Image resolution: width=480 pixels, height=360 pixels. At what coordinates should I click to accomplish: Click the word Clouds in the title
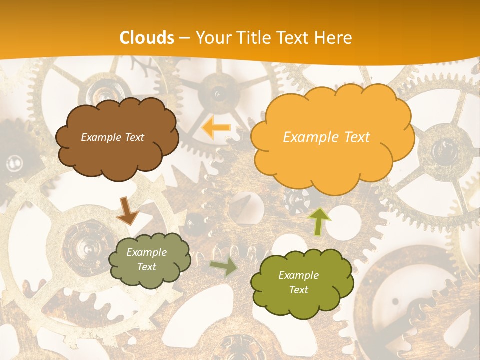[x=147, y=38]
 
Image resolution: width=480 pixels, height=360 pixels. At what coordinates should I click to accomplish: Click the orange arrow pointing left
[x=217, y=128]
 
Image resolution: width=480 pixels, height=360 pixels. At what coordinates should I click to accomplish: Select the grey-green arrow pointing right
[x=224, y=267]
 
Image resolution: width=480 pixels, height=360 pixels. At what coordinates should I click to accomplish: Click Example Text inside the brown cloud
[x=112, y=137]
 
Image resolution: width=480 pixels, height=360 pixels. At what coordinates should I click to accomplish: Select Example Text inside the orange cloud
[x=326, y=137]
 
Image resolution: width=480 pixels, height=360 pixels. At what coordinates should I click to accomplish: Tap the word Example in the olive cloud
[x=298, y=275]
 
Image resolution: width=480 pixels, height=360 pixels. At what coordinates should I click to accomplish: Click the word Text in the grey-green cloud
[x=146, y=267]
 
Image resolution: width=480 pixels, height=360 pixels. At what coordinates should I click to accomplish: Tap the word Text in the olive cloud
[x=298, y=290]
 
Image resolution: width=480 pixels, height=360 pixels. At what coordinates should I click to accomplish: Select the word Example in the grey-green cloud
[x=146, y=252]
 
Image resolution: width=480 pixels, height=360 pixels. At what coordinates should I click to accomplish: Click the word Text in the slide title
[x=295, y=38]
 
